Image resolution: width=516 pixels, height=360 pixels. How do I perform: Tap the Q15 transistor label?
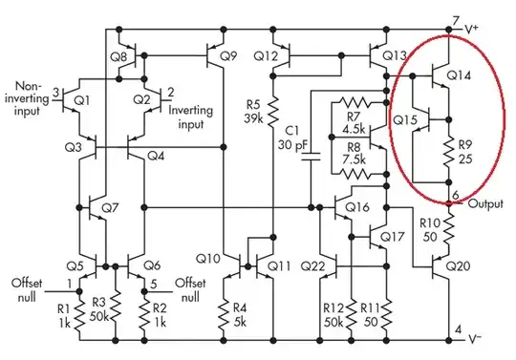click(406, 121)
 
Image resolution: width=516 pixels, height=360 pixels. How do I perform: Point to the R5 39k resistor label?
click(254, 111)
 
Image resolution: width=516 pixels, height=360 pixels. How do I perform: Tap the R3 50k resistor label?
click(97, 308)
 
